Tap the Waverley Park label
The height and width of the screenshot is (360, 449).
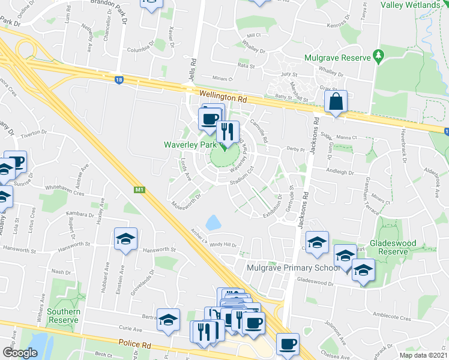point(190,145)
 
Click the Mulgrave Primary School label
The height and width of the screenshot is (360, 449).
point(293,268)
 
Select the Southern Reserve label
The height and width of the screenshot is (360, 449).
point(64,316)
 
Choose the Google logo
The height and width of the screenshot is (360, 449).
point(20,353)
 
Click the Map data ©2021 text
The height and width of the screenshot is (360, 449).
point(424,355)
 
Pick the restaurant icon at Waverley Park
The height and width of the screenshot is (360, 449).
point(228,132)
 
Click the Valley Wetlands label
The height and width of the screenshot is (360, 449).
point(411,5)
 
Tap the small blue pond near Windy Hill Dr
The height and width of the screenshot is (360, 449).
point(213,223)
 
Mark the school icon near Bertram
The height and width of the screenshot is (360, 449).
point(169,320)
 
